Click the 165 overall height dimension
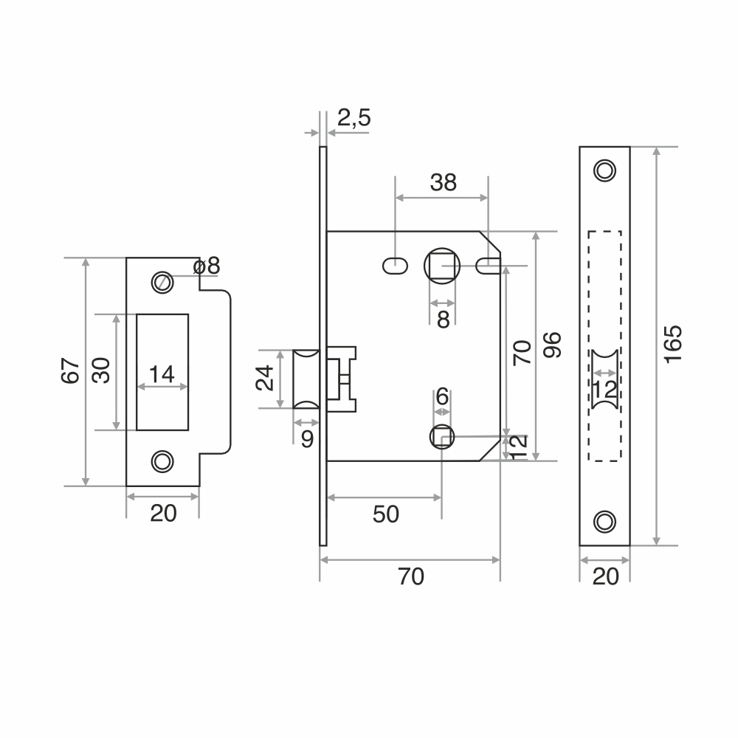click(673, 344)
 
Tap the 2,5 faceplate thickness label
click(354, 117)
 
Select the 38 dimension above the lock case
click(443, 182)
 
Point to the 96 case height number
click(552, 345)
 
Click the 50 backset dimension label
click(385, 514)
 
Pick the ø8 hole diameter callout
click(207, 266)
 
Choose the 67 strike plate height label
click(70, 371)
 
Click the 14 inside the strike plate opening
click(162, 375)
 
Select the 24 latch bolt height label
click(264, 378)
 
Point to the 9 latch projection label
click(307, 439)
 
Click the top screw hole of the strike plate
click(162, 283)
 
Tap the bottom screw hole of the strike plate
click(162, 462)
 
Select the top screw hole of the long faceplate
click(605, 170)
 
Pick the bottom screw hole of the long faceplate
click(605, 522)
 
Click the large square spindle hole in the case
click(442, 266)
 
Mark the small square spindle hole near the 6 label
click(442, 437)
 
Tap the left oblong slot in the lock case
click(395, 266)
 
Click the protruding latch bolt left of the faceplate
click(306, 379)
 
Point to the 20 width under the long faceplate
click(605, 576)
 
